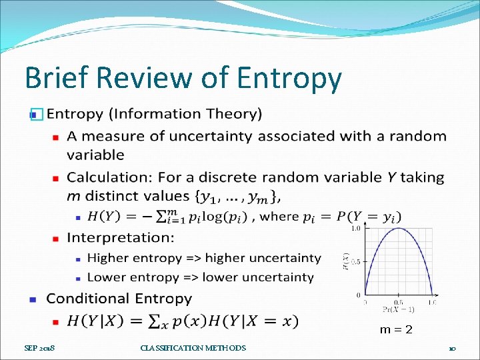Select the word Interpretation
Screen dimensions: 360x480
pos(120,237)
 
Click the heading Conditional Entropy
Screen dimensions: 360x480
pos(119,299)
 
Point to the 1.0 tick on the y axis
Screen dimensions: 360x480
pos(356,228)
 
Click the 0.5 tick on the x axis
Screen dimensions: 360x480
pos(398,301)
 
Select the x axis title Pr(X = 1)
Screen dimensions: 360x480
pos(399,309)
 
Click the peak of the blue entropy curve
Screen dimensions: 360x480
pos(399,229)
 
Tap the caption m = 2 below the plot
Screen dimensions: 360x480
pos(396,329)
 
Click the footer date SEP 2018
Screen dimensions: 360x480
pos(40,348)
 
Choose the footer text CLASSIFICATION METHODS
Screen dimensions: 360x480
pos(193,348)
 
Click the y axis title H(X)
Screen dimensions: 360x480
pos(346,262)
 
